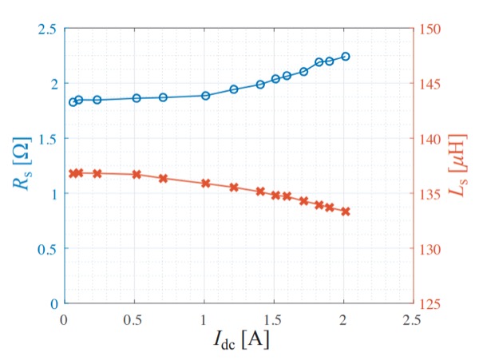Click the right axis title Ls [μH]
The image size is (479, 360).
coord(457,166)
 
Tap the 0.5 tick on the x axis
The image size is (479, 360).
coord(133,317)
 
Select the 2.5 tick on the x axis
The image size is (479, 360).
coord(413,317)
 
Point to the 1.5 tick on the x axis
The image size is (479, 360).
coord(273,317)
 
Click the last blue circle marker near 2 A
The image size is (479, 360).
coord(346,56)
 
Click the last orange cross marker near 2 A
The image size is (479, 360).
coord(346,212)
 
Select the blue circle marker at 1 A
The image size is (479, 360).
coord(205,96)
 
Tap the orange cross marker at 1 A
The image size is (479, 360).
coord(205,183)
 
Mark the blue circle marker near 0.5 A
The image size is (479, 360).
coord(137,98)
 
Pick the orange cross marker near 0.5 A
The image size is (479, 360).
coord(137,174)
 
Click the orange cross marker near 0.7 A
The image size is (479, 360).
coord(163,178)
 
